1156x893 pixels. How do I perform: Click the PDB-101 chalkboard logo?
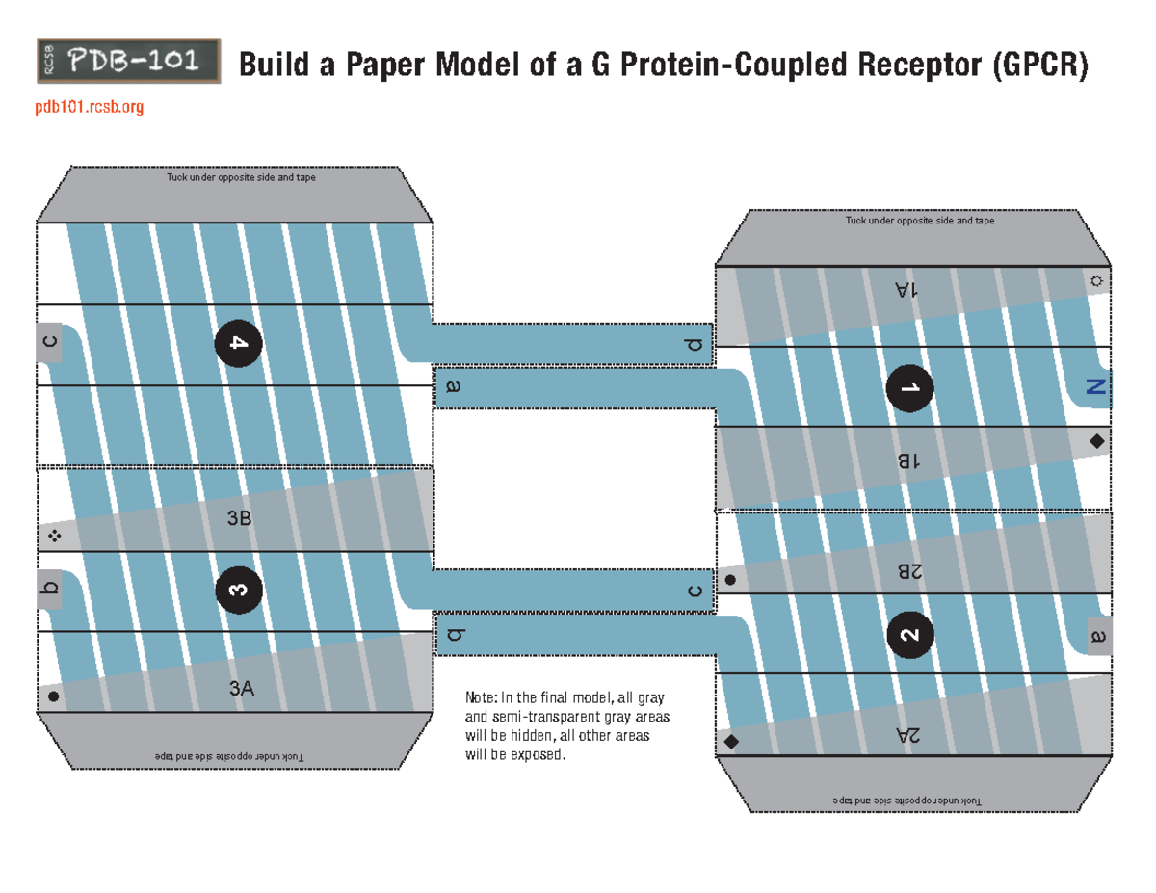(128, 63)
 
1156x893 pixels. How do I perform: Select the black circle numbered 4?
(238, 345)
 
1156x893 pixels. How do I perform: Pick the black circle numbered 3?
(238, 590)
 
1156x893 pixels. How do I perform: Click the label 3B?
(239, 518)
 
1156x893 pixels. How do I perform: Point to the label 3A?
(241, 688)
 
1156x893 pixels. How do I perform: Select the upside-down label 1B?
(908, 461)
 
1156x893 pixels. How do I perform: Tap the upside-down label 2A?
(908, 736)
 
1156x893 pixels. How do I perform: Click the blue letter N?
(1094, 387)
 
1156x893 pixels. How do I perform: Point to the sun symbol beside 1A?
(1096, 282)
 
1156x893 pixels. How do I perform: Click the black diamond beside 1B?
(1096, 441)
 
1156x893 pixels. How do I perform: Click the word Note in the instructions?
(481, 697)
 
